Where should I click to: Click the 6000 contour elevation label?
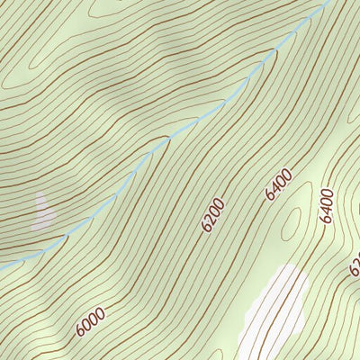91,321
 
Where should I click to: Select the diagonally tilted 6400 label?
279,182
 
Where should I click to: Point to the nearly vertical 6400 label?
326,205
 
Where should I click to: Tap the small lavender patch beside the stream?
42,212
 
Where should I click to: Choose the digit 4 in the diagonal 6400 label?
274,186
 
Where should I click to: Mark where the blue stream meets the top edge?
329,1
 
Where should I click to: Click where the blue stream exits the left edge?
1,266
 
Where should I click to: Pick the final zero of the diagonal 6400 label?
288,172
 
